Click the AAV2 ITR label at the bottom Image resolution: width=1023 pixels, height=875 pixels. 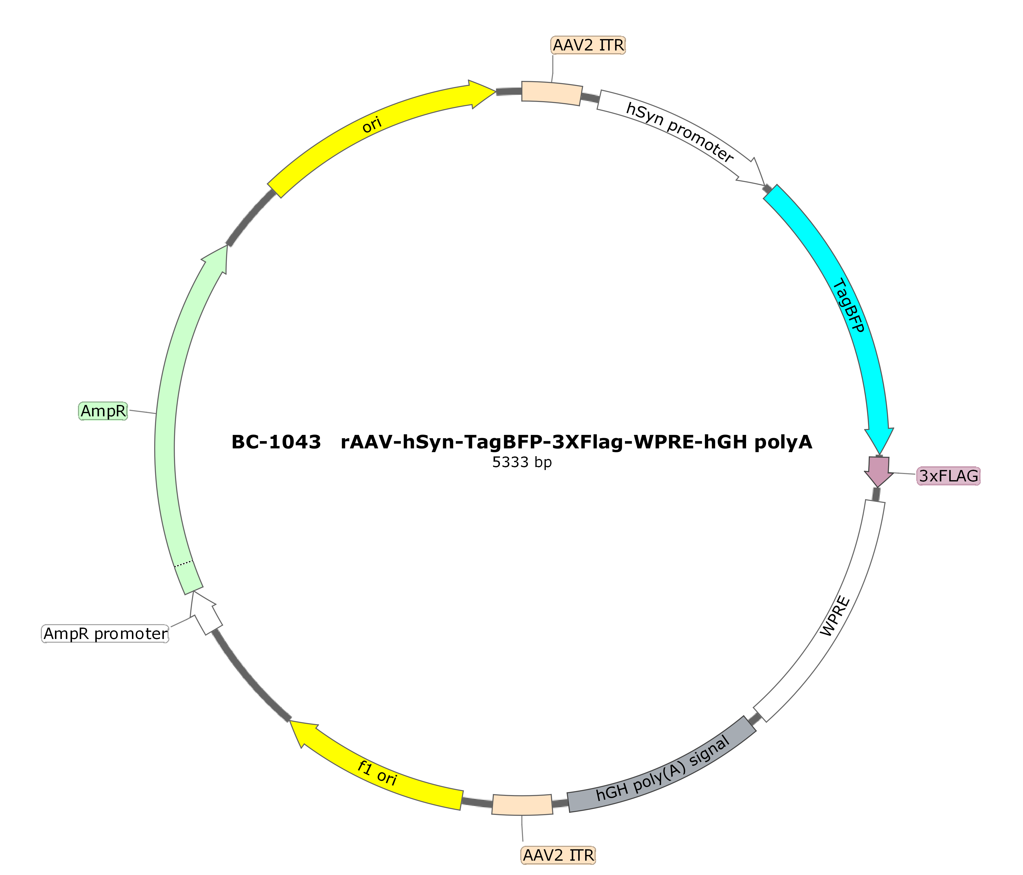pos(558,855)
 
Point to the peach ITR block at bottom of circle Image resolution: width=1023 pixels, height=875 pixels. pos(522,804)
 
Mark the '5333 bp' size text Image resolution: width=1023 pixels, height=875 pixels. pos(522,462)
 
